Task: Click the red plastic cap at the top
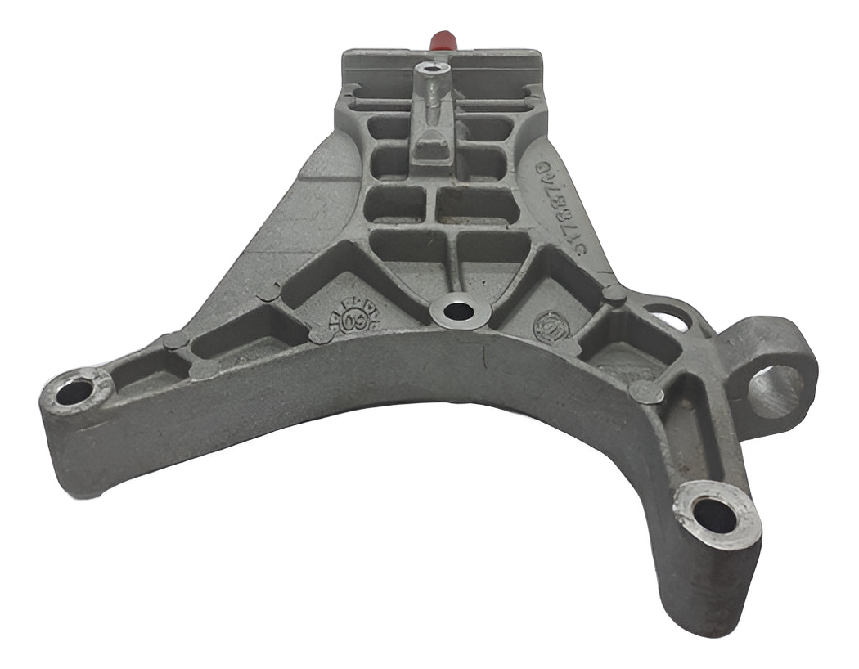442,39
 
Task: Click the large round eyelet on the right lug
776,390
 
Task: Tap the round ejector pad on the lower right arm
646,393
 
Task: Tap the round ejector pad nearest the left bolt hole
174,342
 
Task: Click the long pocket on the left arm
237,335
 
